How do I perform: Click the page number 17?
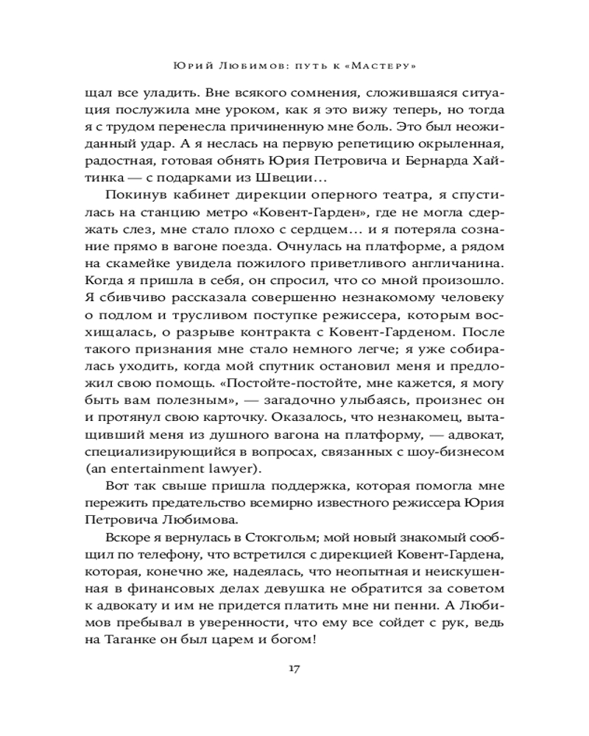[294, 669]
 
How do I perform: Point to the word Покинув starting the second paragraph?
[133, 194]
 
